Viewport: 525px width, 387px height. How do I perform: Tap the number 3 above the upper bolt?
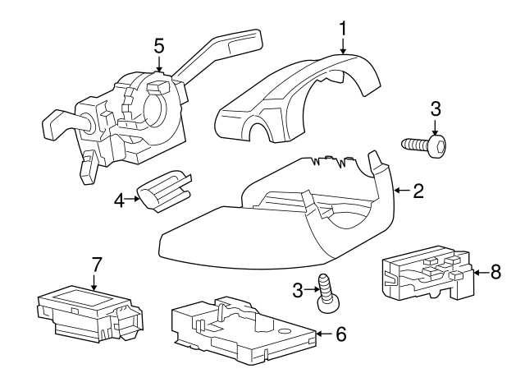click(x=436, y=108)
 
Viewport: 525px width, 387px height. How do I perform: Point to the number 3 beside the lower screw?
click(x=298, y=289)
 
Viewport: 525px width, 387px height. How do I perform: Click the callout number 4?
click(x=119, y=200)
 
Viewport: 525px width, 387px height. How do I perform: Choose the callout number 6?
click(x=341, y=334)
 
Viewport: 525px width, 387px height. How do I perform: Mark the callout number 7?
click(x=96, y=265)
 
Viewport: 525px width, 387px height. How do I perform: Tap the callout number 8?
click(x=495, y=273)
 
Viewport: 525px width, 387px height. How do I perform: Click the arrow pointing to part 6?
click(x=322, y=334)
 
